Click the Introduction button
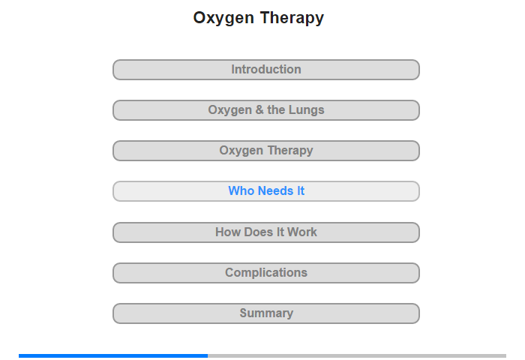point(266,70)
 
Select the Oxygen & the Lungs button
point(266,110)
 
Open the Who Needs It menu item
point(266,191)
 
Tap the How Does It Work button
point(266,232)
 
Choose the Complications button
point(266,273)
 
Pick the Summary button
point(266,313)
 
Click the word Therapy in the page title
point(292,18)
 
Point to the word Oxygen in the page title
point(223,19)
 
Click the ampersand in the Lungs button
point(259,109)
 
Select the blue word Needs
point(275,191)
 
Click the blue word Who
point(241,191)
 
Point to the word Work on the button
point(302,232)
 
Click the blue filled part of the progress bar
point(113,355)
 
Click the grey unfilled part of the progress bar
point(357,355)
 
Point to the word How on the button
point(228,232)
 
